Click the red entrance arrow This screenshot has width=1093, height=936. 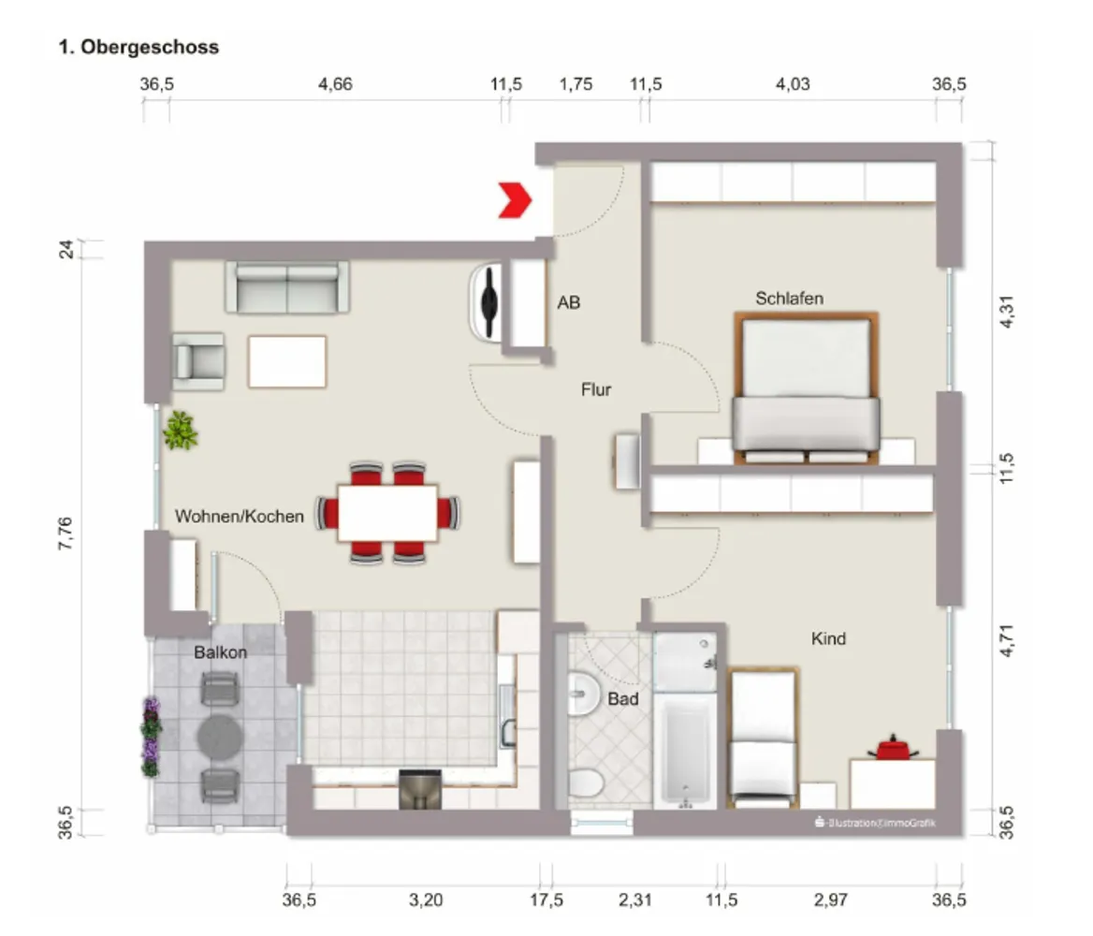click(x=515, y=200)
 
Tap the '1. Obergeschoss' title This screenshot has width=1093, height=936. click(x=138, y=47)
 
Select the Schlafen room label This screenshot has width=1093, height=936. click(x=789, y=299)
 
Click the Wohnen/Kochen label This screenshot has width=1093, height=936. click(x=240, y=516)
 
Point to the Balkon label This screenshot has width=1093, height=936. click(x=220, y=652)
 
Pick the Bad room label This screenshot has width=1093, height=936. click(x=622, y=699)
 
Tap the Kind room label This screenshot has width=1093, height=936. click(x=828, y=638)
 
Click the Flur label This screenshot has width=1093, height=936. click(x=596, y=389)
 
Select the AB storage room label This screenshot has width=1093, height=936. click(x=568, y=302)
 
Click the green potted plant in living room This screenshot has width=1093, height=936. click(x=181, y=431)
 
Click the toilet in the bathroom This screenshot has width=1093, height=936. click(x=586, y=782)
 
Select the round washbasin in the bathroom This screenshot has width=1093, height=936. click(x=583, y=694)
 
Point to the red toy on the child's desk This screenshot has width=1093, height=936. click(x=892, y=749)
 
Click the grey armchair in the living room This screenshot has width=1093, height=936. click(x=199, y=360)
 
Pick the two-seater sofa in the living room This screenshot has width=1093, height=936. click(x=287, y=287)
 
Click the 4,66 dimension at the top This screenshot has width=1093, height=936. click(x=335, y=84)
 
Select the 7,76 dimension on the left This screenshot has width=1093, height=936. click(x=65, y=534)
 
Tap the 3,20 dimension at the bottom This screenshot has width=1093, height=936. click(x=425, y=899)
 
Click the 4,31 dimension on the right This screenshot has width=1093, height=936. click(x=1007, y=312)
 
